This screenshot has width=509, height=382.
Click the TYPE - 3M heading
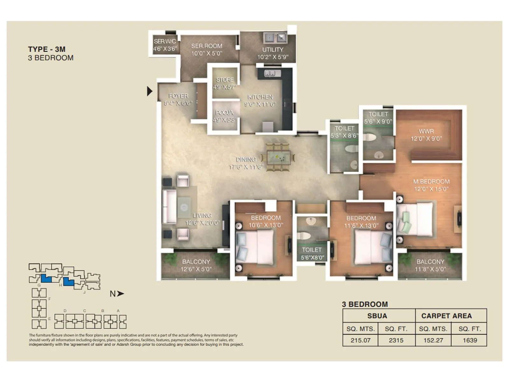point(47,49)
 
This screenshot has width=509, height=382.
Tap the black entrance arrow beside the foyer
point(150,91)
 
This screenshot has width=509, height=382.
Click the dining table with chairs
point(278,157)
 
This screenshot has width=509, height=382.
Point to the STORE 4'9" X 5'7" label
point(225,83)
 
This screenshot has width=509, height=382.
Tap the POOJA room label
point(225,113)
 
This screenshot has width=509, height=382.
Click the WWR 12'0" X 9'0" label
point(426,135)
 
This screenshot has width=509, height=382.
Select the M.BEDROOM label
point(431,182)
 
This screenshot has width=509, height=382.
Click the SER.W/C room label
point(165,41)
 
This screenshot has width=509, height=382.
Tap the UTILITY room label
point(273,50)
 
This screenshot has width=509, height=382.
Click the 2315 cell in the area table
point(396,340)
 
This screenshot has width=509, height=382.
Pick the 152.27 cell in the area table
point(433,340)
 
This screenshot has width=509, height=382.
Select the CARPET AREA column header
point(446,316)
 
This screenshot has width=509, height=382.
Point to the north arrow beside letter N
point(120,294)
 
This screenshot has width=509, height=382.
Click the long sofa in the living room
point(169,207)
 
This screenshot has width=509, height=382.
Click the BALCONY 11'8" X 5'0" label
point(430,265)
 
